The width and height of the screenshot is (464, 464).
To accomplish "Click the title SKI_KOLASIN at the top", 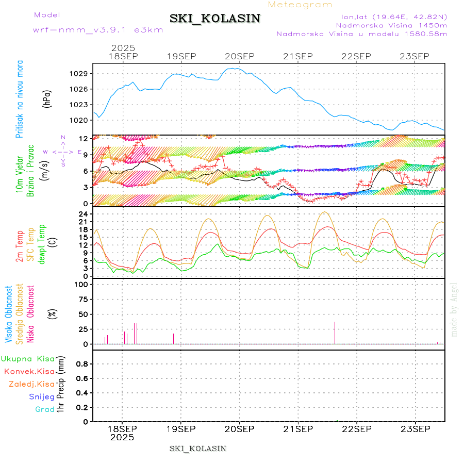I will [x=215, y=19].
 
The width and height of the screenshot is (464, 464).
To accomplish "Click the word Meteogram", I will [x=301, y=5].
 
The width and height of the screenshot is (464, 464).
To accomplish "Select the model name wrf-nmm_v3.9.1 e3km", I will [x=97, y=29].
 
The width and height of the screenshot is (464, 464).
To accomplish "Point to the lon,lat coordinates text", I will [x=390, y=16].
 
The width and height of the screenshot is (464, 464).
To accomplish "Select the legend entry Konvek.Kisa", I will [x=29, y=371].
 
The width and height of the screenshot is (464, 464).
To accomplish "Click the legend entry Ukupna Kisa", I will [x=28, y=358].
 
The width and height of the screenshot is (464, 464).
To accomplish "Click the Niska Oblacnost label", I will [x=30, y=313].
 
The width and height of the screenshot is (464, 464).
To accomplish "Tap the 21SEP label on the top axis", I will [x=298, y=56].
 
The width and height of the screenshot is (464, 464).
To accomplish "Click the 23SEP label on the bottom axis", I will [x=415, y=428].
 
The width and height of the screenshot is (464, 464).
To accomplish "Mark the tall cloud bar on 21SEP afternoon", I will [x=335, y=333].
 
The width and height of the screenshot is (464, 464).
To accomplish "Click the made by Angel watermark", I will [x=454, y=309].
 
